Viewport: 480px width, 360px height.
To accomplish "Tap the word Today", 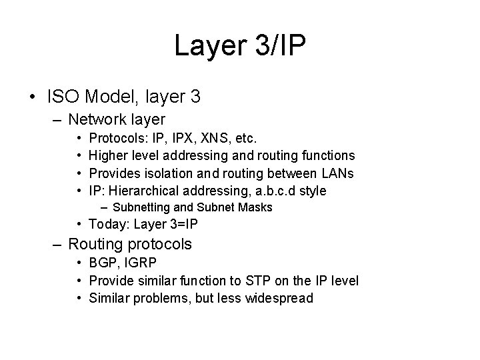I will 106,224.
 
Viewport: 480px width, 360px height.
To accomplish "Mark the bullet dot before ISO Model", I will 33,97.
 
